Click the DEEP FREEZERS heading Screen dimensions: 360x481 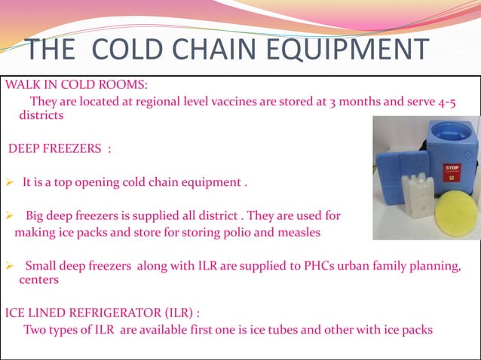coord(60,148)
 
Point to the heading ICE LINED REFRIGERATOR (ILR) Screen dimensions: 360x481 coord(103,313)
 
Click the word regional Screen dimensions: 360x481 coord(161,102)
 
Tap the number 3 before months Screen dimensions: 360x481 coord(334,102)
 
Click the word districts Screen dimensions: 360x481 coord(41,116)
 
